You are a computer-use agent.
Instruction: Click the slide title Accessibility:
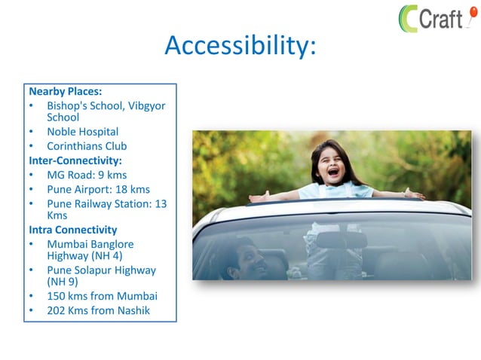click(x=240, y=46)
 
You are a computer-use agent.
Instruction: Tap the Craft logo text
click(x=440, y=17)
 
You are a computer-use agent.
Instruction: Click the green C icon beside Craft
click(x=409, y=18)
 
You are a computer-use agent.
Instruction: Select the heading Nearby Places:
click(x=65, y=92)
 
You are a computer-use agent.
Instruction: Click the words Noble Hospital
click(x=82, y=132)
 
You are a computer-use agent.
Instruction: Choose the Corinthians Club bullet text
click(x=87, y=146)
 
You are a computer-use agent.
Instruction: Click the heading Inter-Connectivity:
click(x=75, y=160)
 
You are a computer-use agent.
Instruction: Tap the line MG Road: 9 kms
click(x=87, y=175)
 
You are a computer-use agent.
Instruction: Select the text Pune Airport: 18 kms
click(x=98, y=189)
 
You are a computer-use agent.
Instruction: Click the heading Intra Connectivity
click(x=73, y=230)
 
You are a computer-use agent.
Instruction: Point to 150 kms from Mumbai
click(x=102, y=296)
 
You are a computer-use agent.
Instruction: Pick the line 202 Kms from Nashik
click(x=98, y=310)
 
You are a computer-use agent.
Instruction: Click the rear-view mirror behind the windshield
click(x=341, y=239)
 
